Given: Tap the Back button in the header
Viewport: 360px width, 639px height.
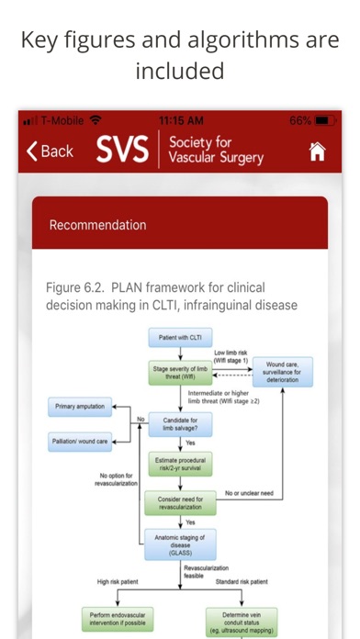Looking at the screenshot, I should [50, 151].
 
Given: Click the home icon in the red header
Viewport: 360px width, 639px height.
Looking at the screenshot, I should [317, 152].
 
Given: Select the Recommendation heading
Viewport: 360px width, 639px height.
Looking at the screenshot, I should [97, 225].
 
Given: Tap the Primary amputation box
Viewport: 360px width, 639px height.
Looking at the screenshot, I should [81, 406].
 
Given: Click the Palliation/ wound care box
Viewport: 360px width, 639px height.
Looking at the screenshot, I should [81, 442].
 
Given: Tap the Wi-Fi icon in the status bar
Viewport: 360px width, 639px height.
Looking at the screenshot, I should [95, 120].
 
